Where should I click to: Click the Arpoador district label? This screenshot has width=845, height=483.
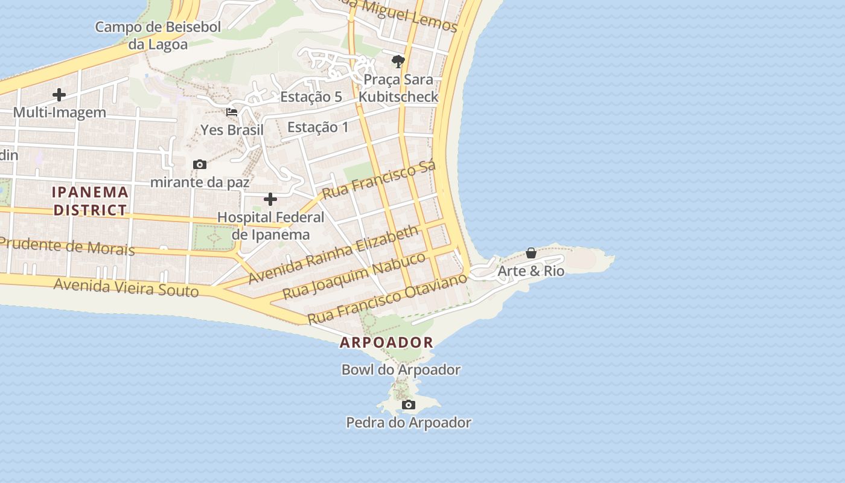click(x=386, y=342)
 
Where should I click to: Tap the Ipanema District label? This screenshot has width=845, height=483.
click(x=91, y=201)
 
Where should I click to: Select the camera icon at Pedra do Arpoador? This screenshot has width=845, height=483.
click(x=409, y=405)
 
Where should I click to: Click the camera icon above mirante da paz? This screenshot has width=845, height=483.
click(x=199, y=164)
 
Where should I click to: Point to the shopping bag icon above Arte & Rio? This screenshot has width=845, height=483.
click(x=531, y=253)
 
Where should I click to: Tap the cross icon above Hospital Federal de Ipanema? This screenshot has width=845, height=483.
click(x=270, y=199)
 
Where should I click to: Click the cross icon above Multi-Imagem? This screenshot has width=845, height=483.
click(x=59, y=95)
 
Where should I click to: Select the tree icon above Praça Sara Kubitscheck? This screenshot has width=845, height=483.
click(x=398, y=61)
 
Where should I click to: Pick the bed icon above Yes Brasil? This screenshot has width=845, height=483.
click(x=232, y=112)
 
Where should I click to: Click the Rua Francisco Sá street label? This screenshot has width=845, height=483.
click(x=379, y=180)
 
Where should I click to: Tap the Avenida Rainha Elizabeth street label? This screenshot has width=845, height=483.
click(x=333, y=254)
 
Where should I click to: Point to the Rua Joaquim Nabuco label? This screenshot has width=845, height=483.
click(x=354, y=275)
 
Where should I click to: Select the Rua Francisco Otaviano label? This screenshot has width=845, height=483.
click(x=387, y=298)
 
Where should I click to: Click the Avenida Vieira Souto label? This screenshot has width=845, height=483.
click(x=126, y=286)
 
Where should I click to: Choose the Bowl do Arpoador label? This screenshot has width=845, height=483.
click(x=401, y=369)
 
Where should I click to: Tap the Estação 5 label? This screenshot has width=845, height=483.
click(x=311, y=97)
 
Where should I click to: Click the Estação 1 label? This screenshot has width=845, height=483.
click(x=318, y=127)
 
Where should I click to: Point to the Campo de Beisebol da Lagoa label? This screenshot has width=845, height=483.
click(x=158, y=35)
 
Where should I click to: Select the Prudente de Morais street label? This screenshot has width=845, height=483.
click(x=66, y=246)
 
